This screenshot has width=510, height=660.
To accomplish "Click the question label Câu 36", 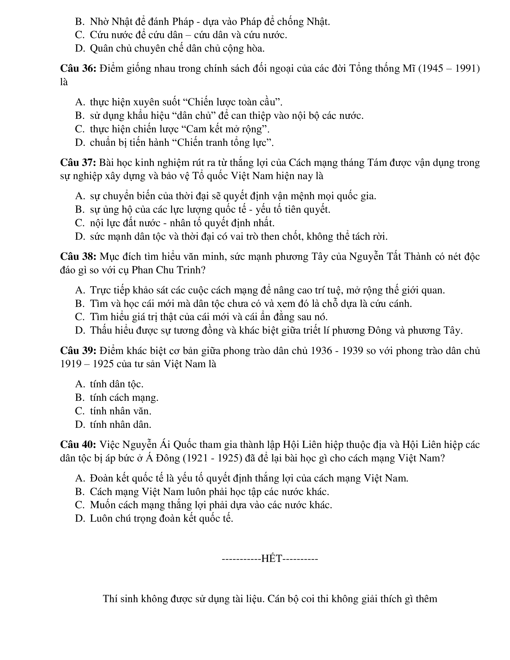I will click(x=78, y=69).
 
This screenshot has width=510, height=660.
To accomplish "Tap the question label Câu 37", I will click(x=78, y=163).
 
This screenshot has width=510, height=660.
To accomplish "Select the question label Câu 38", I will click(x=78, y=257).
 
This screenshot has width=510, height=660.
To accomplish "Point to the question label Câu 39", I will click(x=78, y=351).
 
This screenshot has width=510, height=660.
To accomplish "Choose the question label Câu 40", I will click(x=78, y=445).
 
